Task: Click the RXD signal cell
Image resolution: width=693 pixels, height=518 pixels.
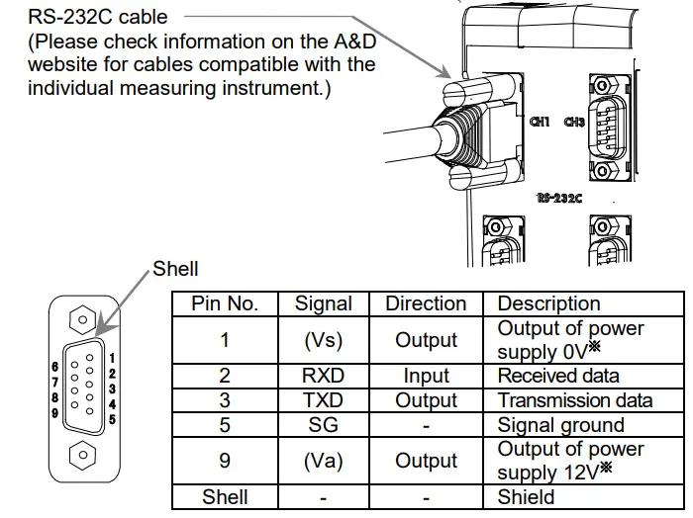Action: [x=324, y=377]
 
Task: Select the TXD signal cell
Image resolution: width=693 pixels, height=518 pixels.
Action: [x=324, y=400]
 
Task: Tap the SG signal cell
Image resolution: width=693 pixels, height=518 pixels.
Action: [x=324, y=425]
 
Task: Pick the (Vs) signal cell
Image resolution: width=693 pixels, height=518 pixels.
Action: [x=324, y=340]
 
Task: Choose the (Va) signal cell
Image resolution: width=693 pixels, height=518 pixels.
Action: [x=324, y=461]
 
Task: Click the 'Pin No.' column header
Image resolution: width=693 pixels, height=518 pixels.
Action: [x=225, y=303]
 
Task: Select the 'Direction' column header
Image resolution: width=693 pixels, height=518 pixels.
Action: [x=426, y=303]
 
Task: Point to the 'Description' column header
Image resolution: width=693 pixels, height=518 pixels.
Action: [x=548, y=303]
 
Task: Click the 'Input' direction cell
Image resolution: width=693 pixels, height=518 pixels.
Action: [x=426, y=377]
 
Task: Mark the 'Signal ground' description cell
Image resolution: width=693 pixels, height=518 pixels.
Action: [x=560, y=425]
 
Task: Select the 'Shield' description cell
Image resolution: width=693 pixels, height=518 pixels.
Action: [x=527, y=497]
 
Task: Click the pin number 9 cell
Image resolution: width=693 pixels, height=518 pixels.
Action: [x=225, y=461]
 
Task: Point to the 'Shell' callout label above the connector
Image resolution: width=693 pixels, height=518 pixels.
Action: [x=175, y=269]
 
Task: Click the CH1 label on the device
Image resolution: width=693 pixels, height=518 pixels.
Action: [x=540, y=123]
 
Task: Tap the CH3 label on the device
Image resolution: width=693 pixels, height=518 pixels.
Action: [x=574, y=123]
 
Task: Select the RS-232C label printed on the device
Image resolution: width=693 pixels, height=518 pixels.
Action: [x=559, y=198]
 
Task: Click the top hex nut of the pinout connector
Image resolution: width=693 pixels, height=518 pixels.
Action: [x=85, y=322]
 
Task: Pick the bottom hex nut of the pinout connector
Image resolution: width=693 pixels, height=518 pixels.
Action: [x=85, y=456]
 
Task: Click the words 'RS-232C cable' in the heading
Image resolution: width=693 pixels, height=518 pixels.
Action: [x=97, y=17]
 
